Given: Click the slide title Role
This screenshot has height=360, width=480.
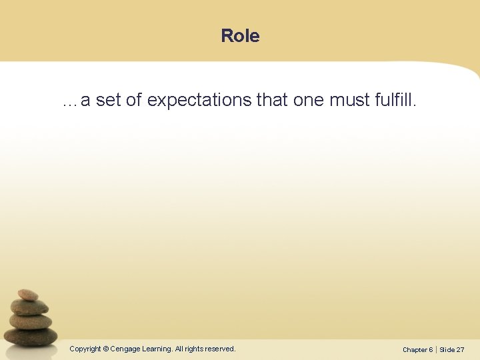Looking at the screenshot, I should coord(240,36).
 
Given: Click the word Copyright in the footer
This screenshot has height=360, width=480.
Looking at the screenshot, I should coord(85,349).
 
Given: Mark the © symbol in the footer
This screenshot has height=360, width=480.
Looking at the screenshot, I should coord(106,349).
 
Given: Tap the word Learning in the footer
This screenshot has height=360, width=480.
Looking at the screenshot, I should coord(156,349).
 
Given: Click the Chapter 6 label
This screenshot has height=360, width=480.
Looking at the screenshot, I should coord(417,349).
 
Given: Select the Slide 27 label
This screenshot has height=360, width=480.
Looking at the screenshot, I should coord(452,349).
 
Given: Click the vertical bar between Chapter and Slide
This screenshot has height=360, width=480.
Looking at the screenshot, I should coord(436,349).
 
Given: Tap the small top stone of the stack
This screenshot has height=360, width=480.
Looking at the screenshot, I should coord(27,295).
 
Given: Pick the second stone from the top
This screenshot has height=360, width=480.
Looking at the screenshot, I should coord(29,307).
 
